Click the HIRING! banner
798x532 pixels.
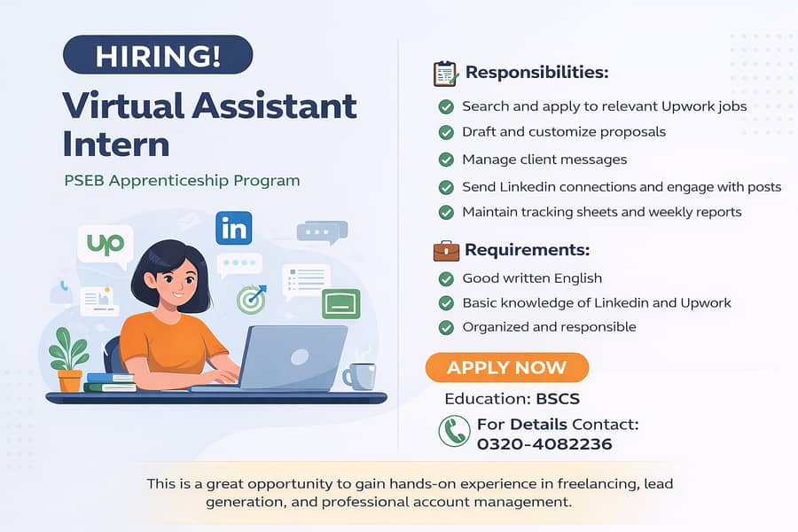158,55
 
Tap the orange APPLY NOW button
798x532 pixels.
506,367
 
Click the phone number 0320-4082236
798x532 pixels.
544,443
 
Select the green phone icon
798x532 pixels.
455,432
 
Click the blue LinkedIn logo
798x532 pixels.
233,229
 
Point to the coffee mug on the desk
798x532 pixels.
360,376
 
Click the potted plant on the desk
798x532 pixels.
69,359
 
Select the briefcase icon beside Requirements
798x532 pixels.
446,250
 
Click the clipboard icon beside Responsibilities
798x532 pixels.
445,73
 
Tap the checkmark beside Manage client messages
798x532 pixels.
446,160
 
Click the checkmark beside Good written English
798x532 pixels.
446,278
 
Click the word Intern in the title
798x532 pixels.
116,143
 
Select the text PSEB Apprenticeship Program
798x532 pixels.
182,181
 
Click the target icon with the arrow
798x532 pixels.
252,300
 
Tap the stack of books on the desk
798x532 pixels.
109,382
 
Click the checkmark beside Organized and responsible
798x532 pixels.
446,327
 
